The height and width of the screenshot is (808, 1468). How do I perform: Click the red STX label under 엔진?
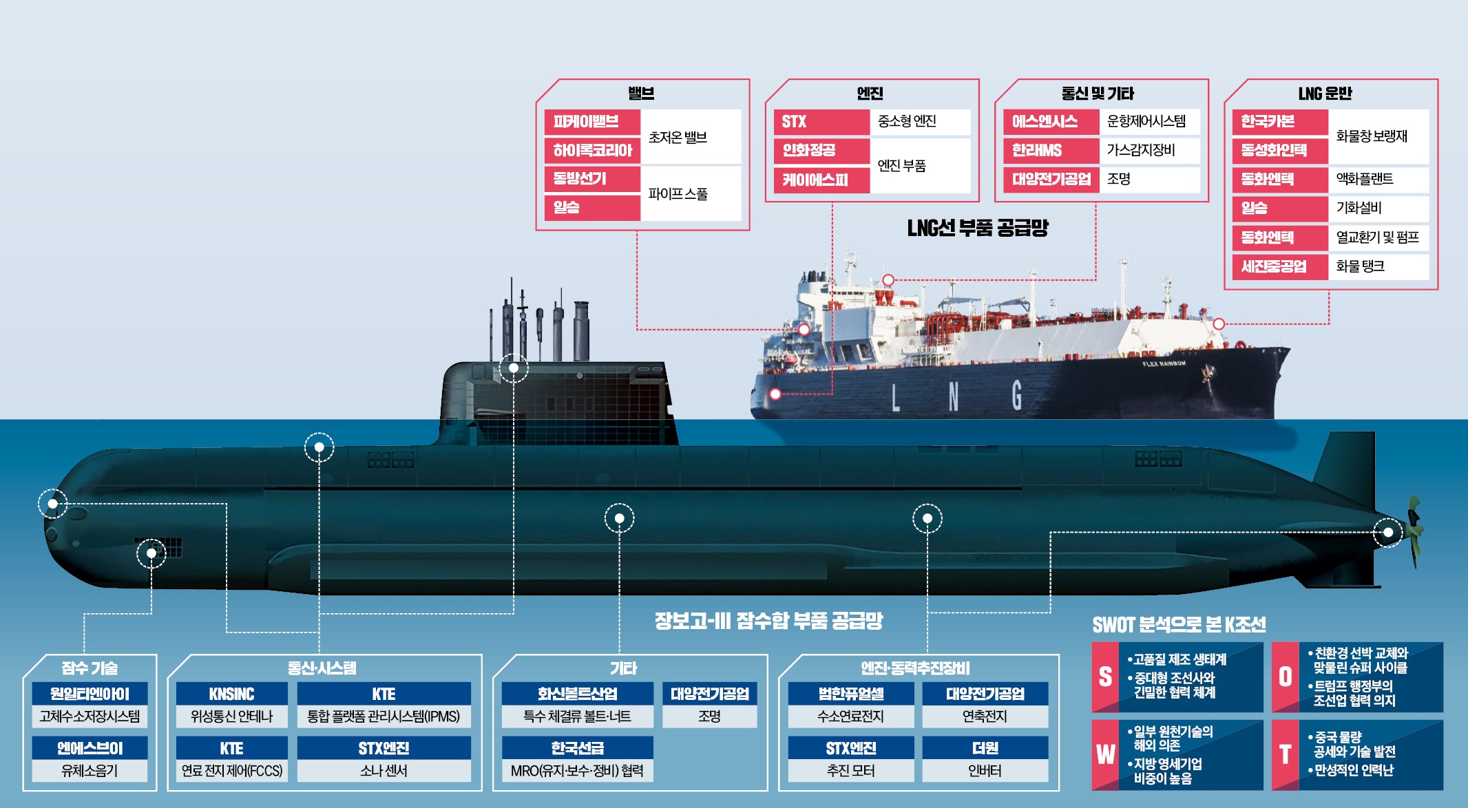821,122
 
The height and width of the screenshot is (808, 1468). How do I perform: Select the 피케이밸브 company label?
592,122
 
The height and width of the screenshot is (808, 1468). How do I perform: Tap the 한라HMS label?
1051,151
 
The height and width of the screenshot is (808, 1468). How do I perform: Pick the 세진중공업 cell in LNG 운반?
1280,266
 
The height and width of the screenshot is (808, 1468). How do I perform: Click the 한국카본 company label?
1280,122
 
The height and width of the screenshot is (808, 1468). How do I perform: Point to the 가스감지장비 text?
1141,150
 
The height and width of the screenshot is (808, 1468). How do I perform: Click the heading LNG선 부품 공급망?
978,228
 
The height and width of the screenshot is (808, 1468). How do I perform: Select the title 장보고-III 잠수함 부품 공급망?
768,621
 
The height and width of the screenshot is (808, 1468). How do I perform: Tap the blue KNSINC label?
232,694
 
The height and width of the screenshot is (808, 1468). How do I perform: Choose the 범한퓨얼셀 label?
851,694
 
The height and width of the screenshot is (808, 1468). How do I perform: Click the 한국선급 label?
577,748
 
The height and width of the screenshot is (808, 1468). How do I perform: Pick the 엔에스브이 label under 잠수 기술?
90,748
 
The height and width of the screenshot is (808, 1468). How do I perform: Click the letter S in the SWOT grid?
1105,677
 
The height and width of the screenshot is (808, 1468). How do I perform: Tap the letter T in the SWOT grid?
1285,755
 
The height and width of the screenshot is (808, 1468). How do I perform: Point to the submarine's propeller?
1412,531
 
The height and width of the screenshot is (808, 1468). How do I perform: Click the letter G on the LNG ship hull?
1017,396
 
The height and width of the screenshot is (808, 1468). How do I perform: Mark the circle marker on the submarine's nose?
53,504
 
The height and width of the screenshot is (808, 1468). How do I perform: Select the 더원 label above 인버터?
985,748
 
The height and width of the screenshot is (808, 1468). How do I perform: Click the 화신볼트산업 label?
577,694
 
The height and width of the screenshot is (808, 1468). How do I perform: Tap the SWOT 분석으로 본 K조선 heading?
1179,625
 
